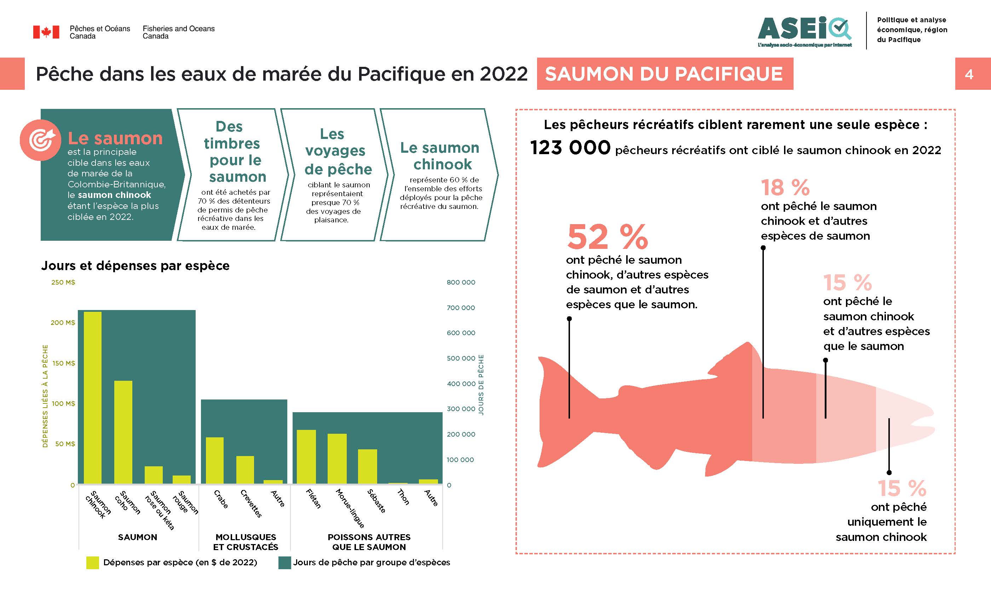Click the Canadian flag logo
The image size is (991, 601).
point(46,32)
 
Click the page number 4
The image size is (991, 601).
point(969,74)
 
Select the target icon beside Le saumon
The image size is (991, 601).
point(41,140)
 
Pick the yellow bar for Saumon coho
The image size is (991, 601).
point(123,432)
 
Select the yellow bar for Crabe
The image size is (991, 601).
point(214,460)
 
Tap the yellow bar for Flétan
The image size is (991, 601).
point(306,456)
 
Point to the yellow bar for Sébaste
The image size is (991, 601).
point(367,466)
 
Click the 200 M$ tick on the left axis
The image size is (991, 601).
point(63,322)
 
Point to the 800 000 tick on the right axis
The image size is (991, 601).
point(461,282)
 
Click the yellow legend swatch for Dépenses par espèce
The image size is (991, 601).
point(92,562)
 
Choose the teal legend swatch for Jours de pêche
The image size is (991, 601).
point(284,562)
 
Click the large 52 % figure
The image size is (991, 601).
point(607,237)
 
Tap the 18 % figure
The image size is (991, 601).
point(785,187)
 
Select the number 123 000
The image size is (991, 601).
point(570,147)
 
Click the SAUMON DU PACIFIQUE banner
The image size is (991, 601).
point(664,74)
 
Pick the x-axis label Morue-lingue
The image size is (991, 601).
point(350,508)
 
